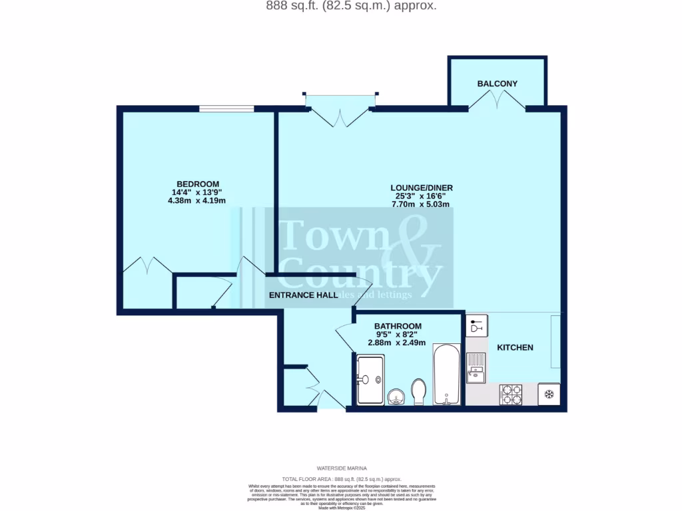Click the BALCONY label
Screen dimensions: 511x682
click(x=497, y=84)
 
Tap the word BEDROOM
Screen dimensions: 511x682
click(x=197, y=184)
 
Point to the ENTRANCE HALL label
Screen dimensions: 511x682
click(x=303, y=295)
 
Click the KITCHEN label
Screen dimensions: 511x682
click(x=515, y=347)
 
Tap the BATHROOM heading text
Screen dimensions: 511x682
click(x=398, y=326)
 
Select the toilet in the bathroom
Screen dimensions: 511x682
click(x=419, y=391)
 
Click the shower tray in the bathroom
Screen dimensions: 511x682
click(x=370, y=380)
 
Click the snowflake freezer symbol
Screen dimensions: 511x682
click(x=549, y=394)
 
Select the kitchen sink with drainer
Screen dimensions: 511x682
click(x=476, y=367)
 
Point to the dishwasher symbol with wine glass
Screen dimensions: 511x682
click(x=476, y=326)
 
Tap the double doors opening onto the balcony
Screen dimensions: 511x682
click(x=497, y=101)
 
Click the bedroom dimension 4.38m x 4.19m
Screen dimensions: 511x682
click(x=197, y=201)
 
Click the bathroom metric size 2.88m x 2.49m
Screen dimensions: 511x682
click(x=398, y=343)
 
